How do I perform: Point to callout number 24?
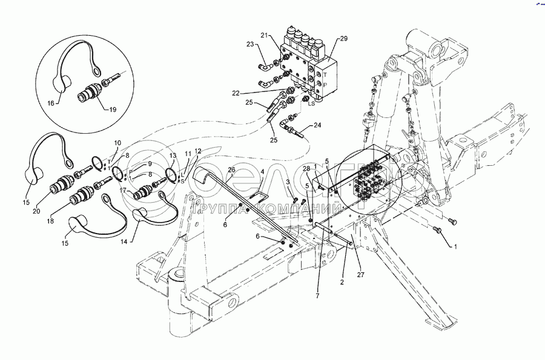point(317,126)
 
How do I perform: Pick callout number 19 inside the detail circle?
point(112,110)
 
